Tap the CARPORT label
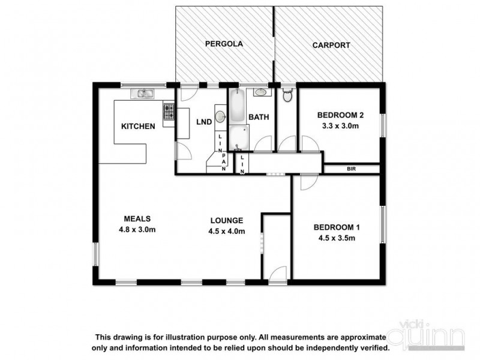[331, 45]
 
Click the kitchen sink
[145, 93]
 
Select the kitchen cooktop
[169, 111]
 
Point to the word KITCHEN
[139, 127]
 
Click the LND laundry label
[203, 122]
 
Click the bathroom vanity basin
[261, 93]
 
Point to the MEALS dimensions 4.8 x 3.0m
[136, 229]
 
